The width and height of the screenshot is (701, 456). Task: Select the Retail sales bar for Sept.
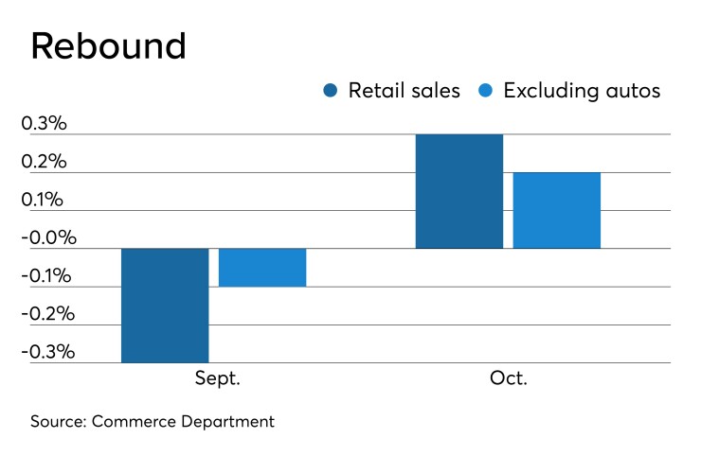(165, 305)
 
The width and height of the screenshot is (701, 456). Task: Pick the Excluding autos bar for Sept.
(262, 267)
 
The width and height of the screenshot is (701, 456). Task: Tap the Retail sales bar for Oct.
(459, 191)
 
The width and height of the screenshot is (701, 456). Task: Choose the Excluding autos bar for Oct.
(557, 210)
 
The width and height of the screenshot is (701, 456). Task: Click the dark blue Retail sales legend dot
(331, 91)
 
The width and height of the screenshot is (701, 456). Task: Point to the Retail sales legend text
(404, 91)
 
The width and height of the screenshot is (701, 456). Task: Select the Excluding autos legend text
(582, 91)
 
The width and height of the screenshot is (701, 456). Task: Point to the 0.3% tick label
(45, 124)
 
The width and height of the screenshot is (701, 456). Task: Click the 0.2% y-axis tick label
(45, 162)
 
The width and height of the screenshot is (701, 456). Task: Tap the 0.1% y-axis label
(45, 200)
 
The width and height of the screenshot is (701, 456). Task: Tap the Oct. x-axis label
(509, 378)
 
